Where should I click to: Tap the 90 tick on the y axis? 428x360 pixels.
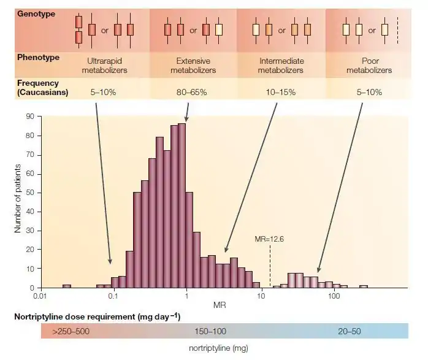pyautogui.click(x=30, y=116)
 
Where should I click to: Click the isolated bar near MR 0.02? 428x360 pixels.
pyautogui.click(x=67, y=286)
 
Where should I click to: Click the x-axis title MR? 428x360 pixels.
pyautogui.click(x=218, y=305)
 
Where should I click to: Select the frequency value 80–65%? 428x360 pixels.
pyautogui.click(x=189, y=93)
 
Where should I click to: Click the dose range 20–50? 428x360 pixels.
pyautogui.click(x=350, y=331)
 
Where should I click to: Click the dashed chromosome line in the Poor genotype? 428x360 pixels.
pyautogui.click(x=397, y=29)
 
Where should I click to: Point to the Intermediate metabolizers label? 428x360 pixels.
pyautogui.click(x=281, y=66)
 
